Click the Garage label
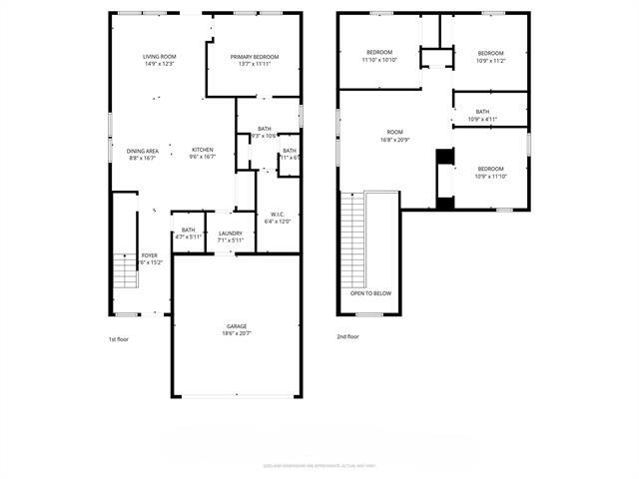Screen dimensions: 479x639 click(x=236, y=326)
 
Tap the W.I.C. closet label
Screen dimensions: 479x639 click(x=279, y=214)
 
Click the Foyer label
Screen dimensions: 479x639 click(x=149, y=255)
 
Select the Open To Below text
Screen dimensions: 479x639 click(x=370, y=294)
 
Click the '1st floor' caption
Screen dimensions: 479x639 click(x=120, y=339)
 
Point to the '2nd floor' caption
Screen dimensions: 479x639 click(x=348, y=337)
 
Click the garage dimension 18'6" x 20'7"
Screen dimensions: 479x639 click(x=236, y=333)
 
